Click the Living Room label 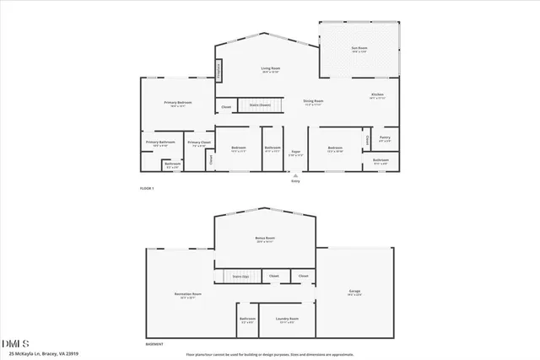[x=269, y=68]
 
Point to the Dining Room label [x=313, y=101]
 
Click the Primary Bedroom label [x=177, y=102]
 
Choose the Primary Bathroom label [x=160, y=142]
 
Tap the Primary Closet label [x=199, y=142]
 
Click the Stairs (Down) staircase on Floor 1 [x=259, y=105]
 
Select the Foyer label [x=294, y=153]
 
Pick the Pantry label [x=384, y=137]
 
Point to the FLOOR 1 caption [x=147, y=188]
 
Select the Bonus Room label [x=266, y=238]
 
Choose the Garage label [x=354, y=292]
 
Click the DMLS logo [x=15, y=343]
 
